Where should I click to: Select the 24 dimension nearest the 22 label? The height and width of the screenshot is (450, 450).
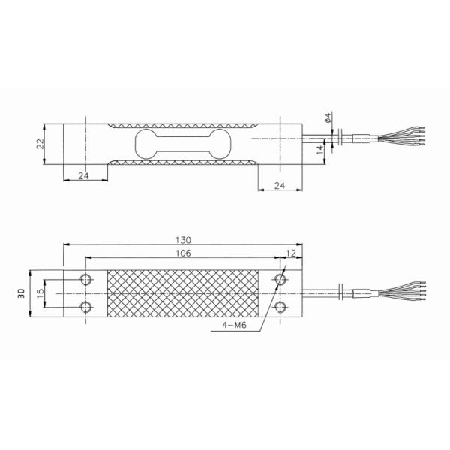pyautogui.click(x=83, y=176)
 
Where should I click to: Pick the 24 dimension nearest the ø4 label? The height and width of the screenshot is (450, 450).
pyautogui.click(x=279, y=185)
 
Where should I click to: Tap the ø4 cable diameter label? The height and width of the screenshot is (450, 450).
pyautogui.click(x=327, y=118)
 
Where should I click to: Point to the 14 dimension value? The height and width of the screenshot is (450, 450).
pyautogui.click(x=320, y=149)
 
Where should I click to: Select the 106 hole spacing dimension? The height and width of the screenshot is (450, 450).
pyautogui.click(x=182, y=253)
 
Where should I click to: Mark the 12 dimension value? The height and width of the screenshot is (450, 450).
pyautogui.click(x=290, y=253)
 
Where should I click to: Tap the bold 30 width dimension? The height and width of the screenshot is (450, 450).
pyautogui.click(x=22, y=292)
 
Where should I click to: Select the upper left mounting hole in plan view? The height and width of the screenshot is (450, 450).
pyautogui.click(x=87, y=279)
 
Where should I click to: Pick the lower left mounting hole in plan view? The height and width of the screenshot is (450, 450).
pyautogui.click(x=87, y=306)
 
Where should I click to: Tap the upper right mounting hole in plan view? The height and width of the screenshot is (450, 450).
pyautogui.click(x=280, y=279)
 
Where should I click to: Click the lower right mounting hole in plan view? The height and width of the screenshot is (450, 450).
pyautogui.click(x=280, y=306)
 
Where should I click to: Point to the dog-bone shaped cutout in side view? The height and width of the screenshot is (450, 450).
pyautogui.click(x=182, y=143)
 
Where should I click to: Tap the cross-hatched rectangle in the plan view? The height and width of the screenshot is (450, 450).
pyautogui.click(x=184, y=292)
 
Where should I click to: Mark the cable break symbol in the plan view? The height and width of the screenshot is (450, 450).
pyautogui.click(x=342, y=292)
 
